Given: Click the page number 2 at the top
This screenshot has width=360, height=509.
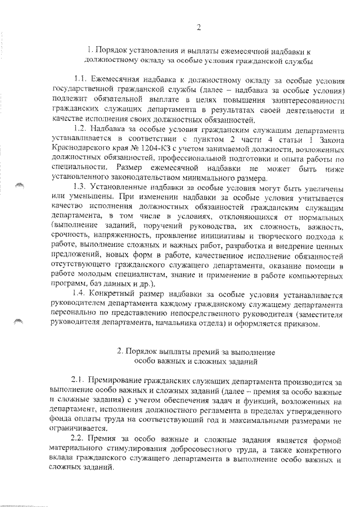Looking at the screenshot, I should pos(199,28).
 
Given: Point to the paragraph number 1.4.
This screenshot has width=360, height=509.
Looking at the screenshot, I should pos(82,293).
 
